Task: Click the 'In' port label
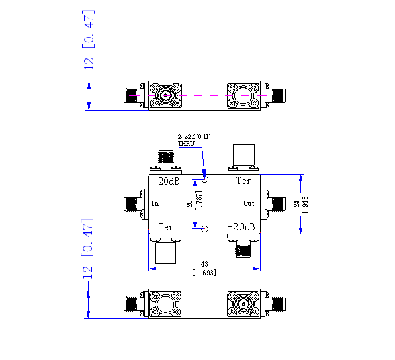[x=155, y=204]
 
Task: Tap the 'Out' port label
[x=249, y=204]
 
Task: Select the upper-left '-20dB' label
[x=167, y=181]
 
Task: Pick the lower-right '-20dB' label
[x=241, y=227]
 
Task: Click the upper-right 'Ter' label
[x=243, y=181]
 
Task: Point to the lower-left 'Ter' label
[x=165, y=227]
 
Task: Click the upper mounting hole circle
[x=205, y=179]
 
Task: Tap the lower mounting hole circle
[x=206, y=229]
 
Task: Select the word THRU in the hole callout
[x=187, y=144]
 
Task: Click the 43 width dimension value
[x=204, y=264]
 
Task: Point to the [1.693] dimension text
[x=204, y=273]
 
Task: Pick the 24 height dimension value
[x=297, y=204]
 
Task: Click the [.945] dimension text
[x=305, y=204]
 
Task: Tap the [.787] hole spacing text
[x=199, y=201]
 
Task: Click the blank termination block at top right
[x=244, y=155]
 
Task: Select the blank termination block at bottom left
[x=165, y=253]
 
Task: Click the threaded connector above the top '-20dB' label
[x=166, y=157]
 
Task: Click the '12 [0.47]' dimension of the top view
[x=89, y=40]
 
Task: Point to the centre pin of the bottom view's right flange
[x=244, y=304]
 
